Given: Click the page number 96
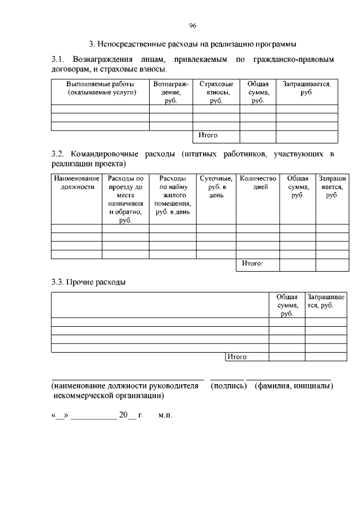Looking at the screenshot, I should [192, 26].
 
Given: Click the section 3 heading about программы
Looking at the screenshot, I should [192, 44].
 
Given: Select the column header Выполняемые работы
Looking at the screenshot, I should [100, 88].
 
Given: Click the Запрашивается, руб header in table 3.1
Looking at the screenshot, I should [306, 88].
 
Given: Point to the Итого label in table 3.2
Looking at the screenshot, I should [251, 263].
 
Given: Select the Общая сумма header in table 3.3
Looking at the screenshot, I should [287, 305].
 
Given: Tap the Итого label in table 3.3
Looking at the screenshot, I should [237, 357].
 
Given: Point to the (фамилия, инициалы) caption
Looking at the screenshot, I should [294, 386].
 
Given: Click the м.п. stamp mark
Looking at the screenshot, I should [165, 415].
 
